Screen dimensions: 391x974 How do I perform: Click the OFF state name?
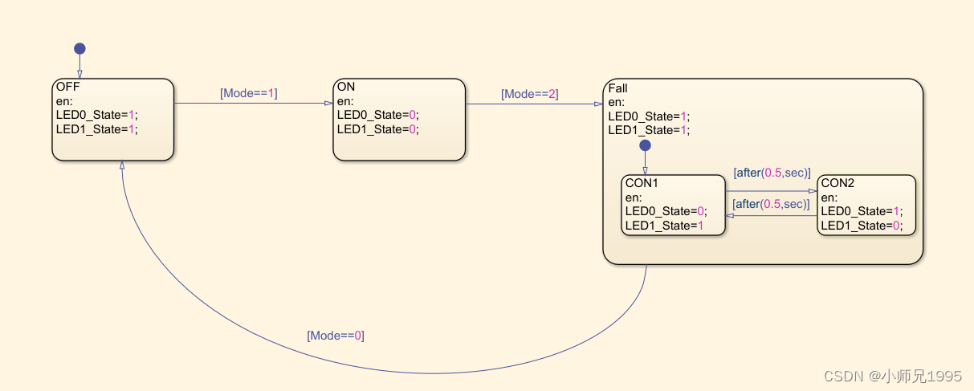[x=68, y=87]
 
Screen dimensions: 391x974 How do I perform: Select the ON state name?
[x=346, y=87]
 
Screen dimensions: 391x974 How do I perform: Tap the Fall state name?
[x=617, y=88]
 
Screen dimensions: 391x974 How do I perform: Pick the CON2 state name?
[x=837, y=183]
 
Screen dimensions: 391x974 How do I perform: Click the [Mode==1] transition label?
[x=248, y=93]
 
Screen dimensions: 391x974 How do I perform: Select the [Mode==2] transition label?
[x=529, y=94]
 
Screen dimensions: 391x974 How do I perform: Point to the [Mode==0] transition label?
[x=336, y=336]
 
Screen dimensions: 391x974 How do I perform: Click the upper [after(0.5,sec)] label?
[x=772, y=173]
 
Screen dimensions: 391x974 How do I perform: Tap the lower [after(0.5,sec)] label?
[x=771, y=204]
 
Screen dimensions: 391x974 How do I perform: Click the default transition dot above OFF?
[x=79, y=49]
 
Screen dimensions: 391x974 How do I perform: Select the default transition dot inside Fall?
[x=645, y=146]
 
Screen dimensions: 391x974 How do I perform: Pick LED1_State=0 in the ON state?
[x=377, y=128]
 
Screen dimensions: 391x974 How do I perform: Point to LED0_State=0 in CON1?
[x=665, y=211]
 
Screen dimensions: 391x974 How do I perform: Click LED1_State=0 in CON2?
[x=861, y=226]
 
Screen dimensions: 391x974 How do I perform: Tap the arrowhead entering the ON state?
[x=328, y=104]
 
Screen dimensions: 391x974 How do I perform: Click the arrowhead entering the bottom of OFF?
[x=122, y=164]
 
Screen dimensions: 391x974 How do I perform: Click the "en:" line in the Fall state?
[x=616, y=102]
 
